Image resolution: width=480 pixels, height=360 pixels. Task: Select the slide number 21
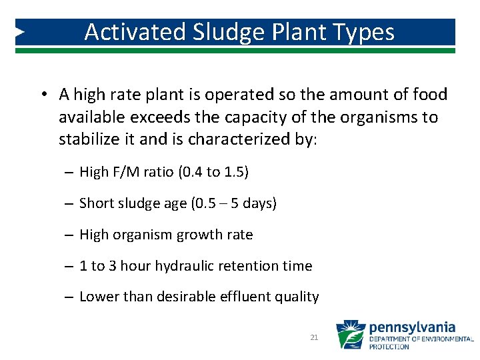[314, 338]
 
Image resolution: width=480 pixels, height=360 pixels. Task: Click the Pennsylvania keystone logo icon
[350, 335]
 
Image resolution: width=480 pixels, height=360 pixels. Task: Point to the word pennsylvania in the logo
[412, 327]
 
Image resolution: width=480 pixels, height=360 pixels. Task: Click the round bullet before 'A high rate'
[42, 95]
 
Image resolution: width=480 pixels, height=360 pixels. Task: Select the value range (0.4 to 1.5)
[213, 172]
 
